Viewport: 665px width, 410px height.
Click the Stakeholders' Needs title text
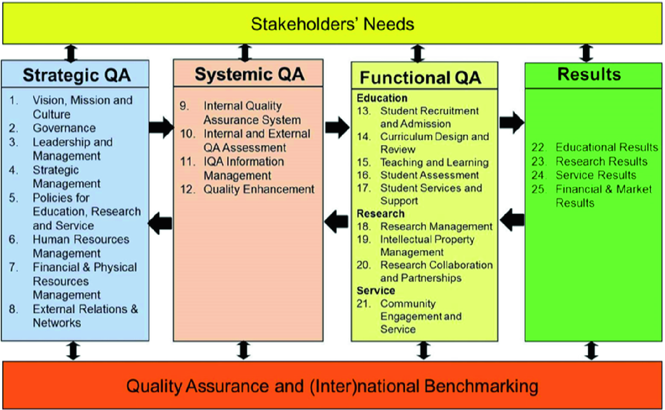click(332, 24)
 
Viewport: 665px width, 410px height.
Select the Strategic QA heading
click(76, 75)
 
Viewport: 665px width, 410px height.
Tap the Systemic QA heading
click(250, 74)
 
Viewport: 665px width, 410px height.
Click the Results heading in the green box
click(589, 74)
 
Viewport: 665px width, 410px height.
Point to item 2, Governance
click(64, 128)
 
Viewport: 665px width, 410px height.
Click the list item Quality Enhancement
click(259, 189)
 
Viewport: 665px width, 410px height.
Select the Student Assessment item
click(429, 175)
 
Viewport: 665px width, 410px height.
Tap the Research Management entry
click(436, 226)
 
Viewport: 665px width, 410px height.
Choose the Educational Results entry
click(606, 147)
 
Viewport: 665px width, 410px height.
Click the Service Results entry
click(595, 175)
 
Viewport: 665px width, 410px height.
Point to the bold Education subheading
click(382, 98)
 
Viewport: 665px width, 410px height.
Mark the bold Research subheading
click(380, 213)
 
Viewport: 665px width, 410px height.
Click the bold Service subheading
click(375, 290)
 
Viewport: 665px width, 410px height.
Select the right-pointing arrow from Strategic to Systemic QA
click(161, 127)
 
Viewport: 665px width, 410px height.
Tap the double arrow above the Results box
click(586, 53)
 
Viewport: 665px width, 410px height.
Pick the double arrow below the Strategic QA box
click(73, 350)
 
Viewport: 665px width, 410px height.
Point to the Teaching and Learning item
click(434, 162)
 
